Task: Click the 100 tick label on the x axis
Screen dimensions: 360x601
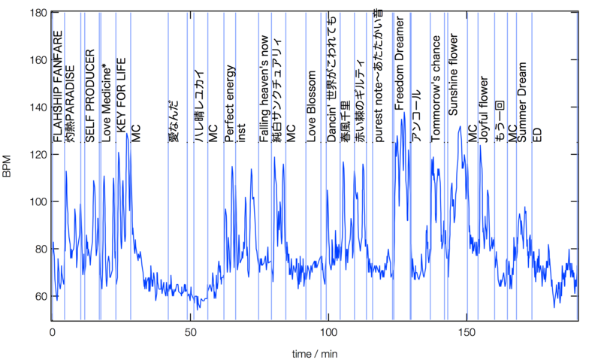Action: (328, 331)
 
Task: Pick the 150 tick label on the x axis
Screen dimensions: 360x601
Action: (467, 331)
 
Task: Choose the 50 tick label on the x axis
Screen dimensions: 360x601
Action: (190, 331)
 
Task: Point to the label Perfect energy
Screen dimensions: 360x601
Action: (230, 104)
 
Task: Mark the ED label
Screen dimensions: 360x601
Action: (537, 135)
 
